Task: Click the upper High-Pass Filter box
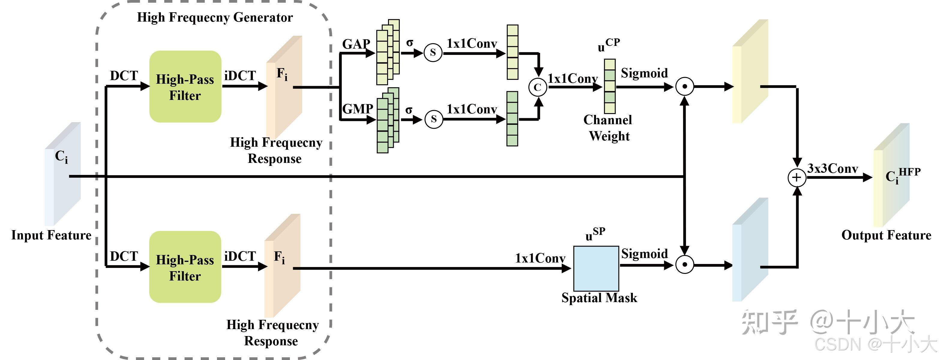click(x=185, y=86)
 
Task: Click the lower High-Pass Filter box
click(x=185, y=267)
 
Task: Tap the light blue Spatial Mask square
click(x=596, y=268)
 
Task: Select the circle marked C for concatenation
click(x=538, y=87)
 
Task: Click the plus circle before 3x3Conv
click(x=797, y=177)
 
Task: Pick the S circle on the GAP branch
click(x=433, y=53)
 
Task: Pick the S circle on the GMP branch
click(x=434, y=119)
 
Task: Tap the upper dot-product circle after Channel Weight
click(x=685, y=87)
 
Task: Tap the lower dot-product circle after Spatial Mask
click(x=685, y=265)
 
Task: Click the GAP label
click(x=356, y=44)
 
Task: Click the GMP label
click(x=358, y=109)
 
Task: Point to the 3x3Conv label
click(x=832, y=168)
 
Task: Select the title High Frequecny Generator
click(x=215, y=17)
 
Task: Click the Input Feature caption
click(x=51, y=235)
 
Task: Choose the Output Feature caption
click(x=886, y=235)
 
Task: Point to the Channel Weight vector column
click(x=610, y=86)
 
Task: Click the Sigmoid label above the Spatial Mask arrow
click(x=645, y=253)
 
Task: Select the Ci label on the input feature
click(x=61, y=157)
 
